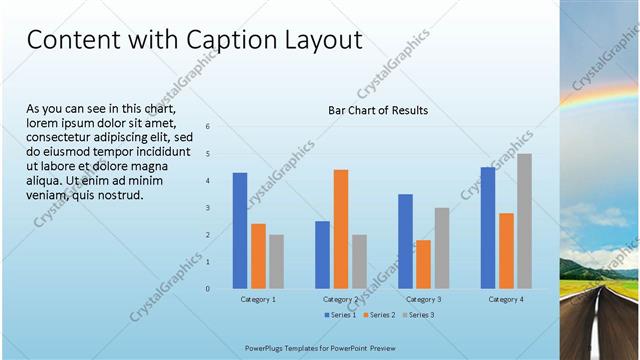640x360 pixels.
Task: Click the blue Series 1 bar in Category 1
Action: pos(240,231)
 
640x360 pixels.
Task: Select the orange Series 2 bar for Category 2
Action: pos(341,229)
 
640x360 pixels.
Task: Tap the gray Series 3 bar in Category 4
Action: pos(524,221)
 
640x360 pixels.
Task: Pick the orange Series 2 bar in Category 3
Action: pos(423,264)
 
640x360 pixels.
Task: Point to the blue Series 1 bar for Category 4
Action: pos(488,228)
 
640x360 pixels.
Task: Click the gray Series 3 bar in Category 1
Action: pos(276,262)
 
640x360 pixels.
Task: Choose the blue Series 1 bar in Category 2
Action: pos(322,255)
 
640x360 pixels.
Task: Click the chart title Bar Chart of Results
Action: pos(378,110)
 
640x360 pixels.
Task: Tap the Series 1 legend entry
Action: pos(341,315)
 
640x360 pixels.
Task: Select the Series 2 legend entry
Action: pos(380,315)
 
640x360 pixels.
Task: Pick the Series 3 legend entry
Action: pos(418,315)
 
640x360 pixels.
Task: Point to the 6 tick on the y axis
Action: pos(208,127)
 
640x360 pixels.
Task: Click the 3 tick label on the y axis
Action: pos(208,208)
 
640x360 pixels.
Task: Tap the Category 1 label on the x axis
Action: pos(258,299)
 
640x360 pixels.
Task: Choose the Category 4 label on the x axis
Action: pos(506,299)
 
